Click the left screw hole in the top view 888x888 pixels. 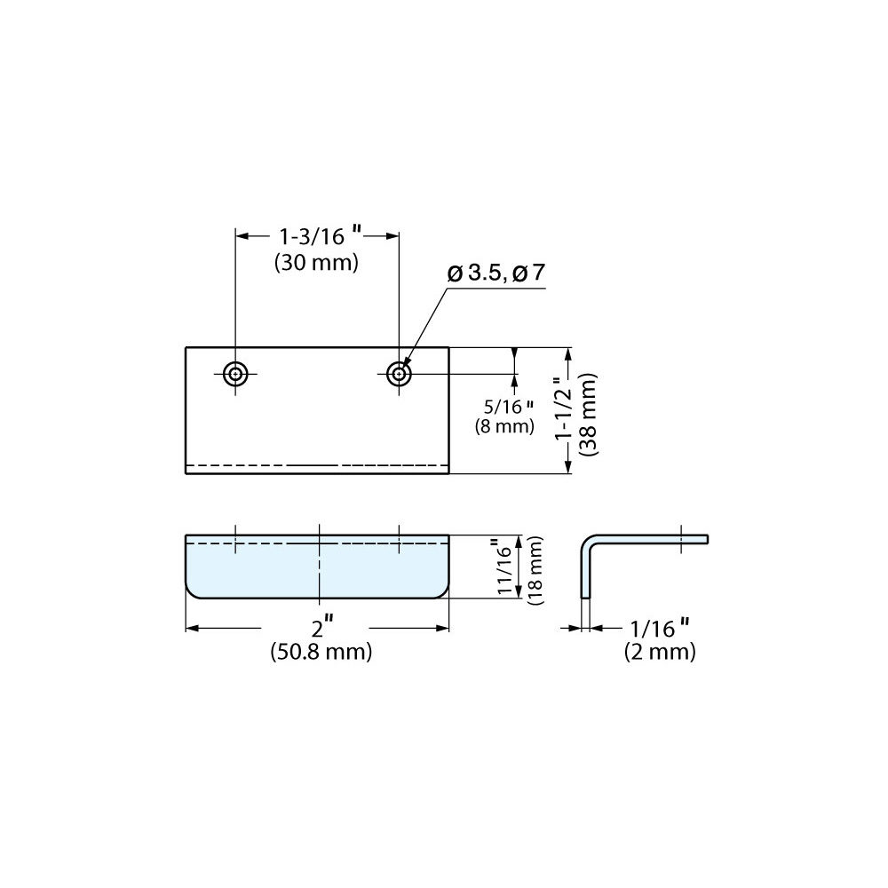(235, 374)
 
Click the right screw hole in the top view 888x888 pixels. (400, 374)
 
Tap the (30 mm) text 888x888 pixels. (317, 263)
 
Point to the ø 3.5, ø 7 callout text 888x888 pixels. (496, 273)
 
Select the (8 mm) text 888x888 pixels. (504, 425)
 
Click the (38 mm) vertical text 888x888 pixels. (589, 414)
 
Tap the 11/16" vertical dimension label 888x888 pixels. (505, 567)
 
